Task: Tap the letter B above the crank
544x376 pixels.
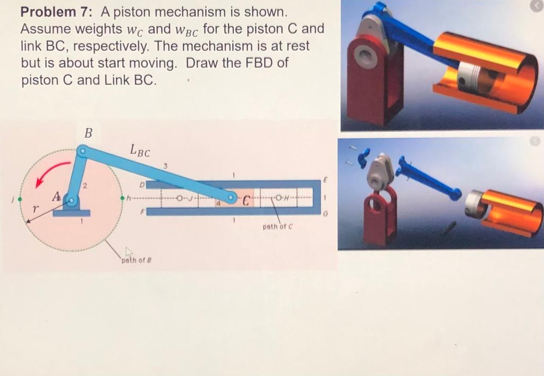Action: click(88, 133)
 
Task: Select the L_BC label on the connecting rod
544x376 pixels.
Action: click(139, 151)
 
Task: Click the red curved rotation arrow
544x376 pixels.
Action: click(49, 173)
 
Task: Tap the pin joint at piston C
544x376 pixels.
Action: click(232, 198)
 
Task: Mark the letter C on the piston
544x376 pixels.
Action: click(246, 201)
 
